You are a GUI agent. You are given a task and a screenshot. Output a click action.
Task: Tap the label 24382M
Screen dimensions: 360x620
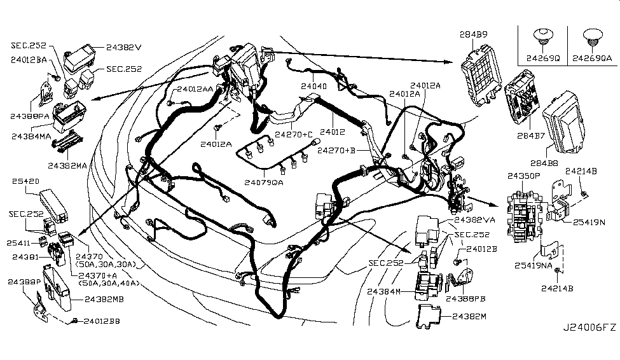[x=469, y=316]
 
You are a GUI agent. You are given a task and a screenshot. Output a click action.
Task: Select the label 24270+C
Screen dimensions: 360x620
[x=294, y=134]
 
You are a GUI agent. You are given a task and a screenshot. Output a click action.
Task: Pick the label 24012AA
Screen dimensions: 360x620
[x=195, y=90]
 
